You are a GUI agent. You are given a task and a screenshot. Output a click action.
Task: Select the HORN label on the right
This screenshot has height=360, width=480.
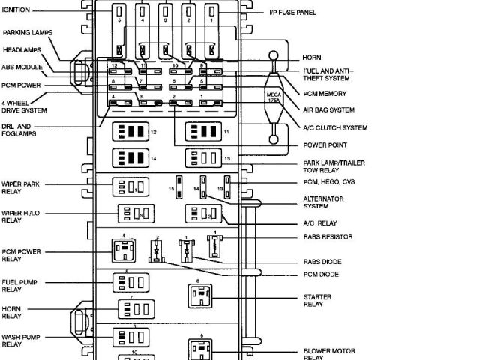(x=312, y=58)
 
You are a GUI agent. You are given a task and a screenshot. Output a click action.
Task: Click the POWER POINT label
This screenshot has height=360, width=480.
(x=325, y=145)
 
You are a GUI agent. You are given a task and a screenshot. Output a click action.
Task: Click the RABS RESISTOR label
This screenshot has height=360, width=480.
(x=328, y=237)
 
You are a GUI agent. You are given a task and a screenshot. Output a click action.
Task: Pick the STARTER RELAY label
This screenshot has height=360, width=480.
(x=317, y=300)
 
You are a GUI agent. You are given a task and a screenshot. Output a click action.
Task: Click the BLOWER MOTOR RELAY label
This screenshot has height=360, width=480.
(x=329, y=354)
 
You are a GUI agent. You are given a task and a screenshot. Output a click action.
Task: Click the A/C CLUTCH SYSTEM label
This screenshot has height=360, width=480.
(x=334, y=128)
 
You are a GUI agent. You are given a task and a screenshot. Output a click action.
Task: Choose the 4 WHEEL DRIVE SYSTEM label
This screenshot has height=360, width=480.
(x=25, y=105)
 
